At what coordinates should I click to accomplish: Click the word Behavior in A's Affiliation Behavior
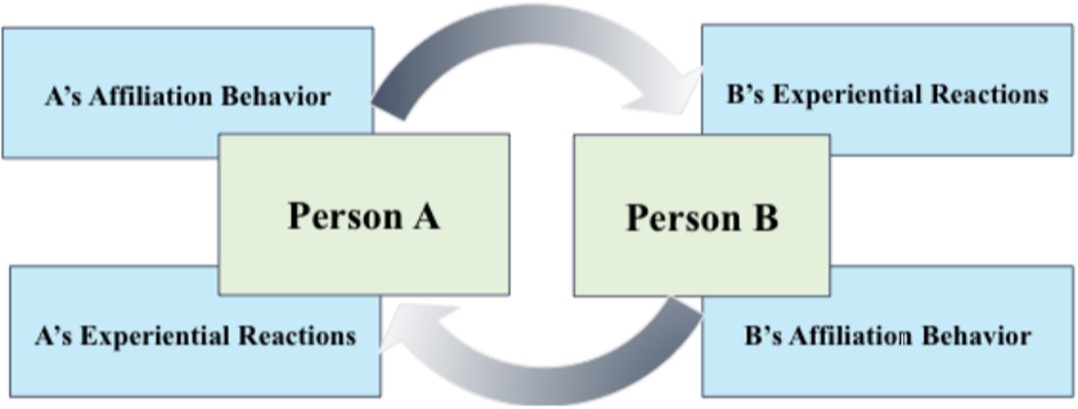pos(276,96)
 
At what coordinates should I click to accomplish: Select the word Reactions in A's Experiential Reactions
pos(297,336)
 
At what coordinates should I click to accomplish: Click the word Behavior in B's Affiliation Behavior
pos(976,336)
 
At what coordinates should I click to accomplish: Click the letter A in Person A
pos(427,217)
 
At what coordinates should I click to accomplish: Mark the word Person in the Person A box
pos(345,217)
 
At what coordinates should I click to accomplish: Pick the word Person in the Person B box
pos(683,218)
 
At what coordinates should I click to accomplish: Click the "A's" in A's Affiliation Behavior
pos(63,96)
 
